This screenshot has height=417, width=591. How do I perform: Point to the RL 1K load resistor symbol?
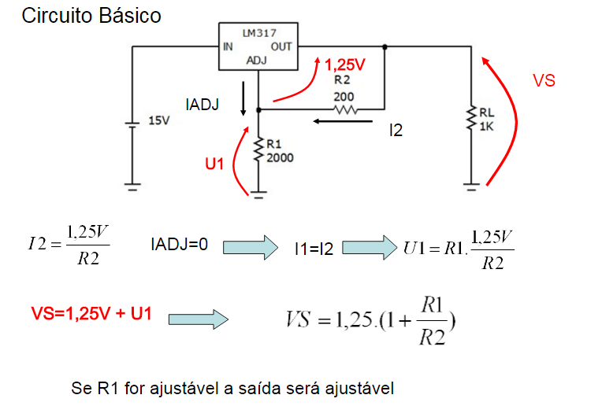(471, 120)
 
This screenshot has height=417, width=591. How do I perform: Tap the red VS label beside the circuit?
(544, 81)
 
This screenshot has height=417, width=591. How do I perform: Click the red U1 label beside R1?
(215, 164)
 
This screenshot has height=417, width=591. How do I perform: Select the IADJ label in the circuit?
(203, 104)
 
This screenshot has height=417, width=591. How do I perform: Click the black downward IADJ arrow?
(244, 97)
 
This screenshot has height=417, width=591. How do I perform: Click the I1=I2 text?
(314, 249)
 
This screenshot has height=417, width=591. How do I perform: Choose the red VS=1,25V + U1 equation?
(91, 315)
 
